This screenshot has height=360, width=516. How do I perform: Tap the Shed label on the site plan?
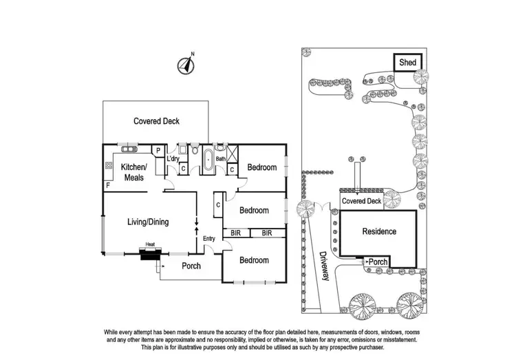407,63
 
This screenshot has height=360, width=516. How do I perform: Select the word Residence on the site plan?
379,231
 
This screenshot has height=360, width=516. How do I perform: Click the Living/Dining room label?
148,222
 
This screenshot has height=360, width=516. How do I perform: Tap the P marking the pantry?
158,151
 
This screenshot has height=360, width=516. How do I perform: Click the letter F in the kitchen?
108,186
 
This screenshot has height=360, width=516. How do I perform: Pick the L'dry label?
173,159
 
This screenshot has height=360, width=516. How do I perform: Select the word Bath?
221,159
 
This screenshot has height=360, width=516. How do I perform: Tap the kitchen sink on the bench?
128,148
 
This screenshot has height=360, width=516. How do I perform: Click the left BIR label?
236,233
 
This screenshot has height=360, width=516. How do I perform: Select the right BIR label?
267,233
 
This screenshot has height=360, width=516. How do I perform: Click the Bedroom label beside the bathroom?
261,167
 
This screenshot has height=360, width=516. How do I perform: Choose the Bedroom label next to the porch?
254,260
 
